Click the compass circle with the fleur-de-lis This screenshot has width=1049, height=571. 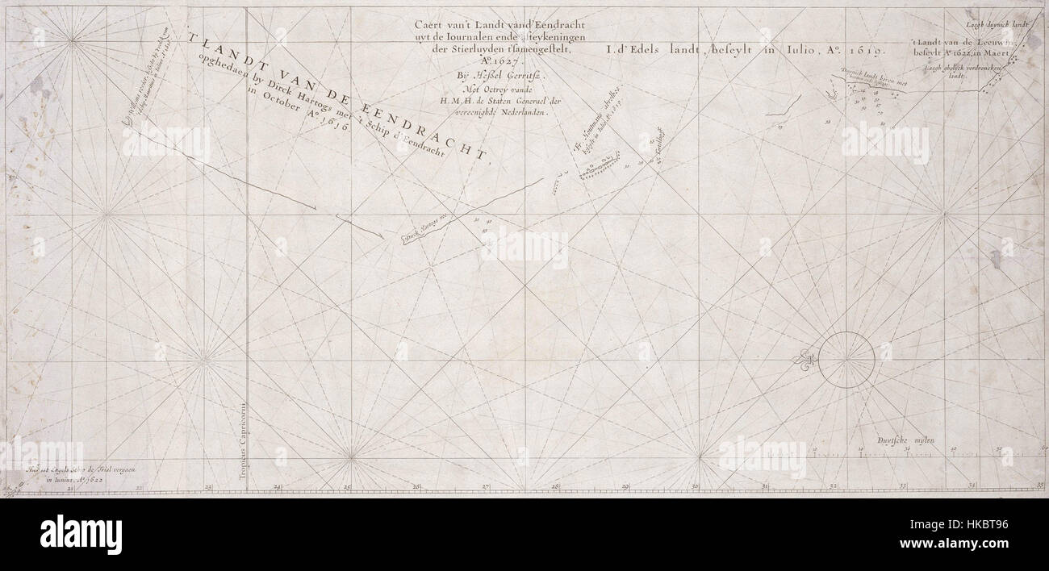846,360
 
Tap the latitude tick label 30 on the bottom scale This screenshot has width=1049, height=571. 696,486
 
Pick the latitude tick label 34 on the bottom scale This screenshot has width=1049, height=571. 972,486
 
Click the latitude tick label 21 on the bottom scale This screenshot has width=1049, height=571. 69,487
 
